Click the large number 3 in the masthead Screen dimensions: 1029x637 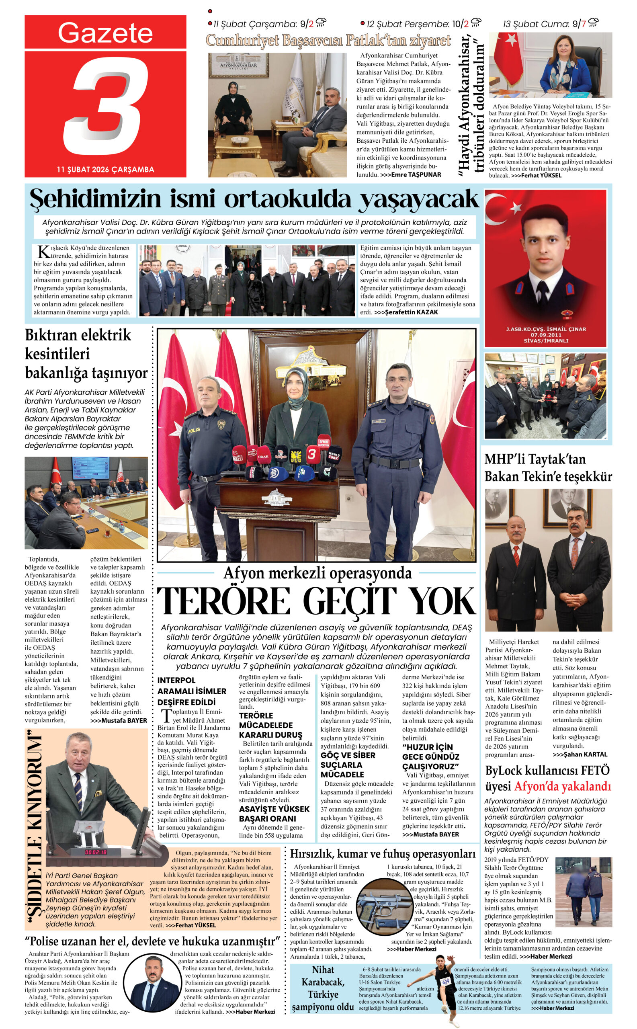coord(106,105)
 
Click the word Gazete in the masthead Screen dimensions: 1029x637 coord(105,33)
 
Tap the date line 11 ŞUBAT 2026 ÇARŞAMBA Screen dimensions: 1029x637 coord(105,169)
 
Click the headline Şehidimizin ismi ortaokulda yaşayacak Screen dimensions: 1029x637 coord(254,199)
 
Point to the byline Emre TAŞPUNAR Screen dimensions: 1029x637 coord(416,174)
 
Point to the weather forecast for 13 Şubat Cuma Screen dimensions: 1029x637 coord(550,24)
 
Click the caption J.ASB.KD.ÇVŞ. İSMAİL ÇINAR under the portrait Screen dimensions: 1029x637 coord(546,329)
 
